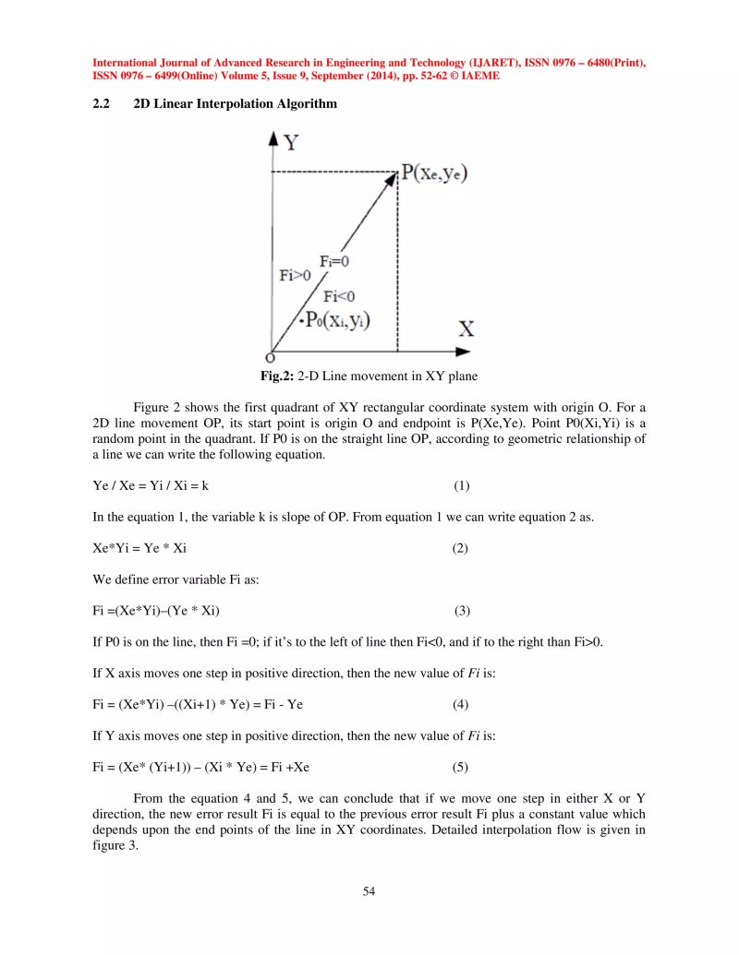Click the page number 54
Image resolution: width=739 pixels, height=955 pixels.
(x=369, y=891)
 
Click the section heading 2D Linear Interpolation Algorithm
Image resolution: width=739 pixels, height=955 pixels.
(x=236, y=104)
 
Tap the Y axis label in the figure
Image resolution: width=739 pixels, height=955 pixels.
(x=291, y=142)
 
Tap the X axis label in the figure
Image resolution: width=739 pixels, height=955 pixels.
(x=466, y=328)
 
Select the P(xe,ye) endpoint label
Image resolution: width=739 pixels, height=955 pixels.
(x=433, y=174)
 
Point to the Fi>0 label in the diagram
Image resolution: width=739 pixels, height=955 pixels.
(x=296, y=275)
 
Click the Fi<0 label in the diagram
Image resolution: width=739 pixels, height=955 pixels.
(x=339, y=297)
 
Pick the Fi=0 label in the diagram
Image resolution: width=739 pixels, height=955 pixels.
(x=334, y=262)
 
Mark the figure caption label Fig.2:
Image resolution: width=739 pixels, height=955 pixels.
(x=277, y=376)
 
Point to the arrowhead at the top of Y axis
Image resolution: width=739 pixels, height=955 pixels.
(x=273, y=137)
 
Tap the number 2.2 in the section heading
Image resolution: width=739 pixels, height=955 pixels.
(x=103, y=104)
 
